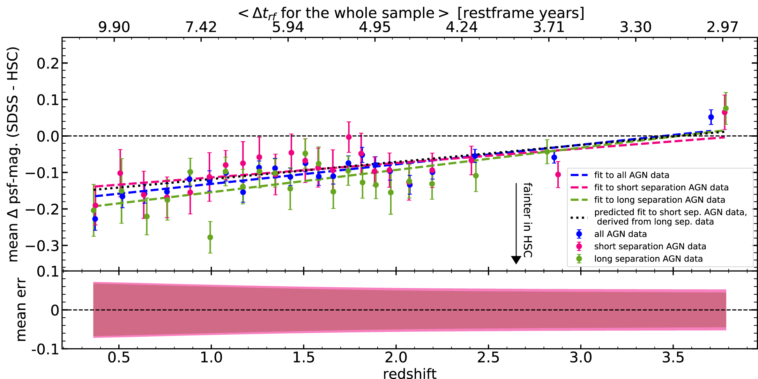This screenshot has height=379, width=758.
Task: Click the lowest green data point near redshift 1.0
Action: [210, 237]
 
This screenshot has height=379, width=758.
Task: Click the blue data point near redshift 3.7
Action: [711, 117]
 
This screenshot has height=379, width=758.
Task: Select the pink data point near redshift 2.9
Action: [558, 175]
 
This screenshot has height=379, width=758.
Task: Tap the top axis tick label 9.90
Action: [114, 27]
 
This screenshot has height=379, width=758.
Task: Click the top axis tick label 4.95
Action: [375, 27]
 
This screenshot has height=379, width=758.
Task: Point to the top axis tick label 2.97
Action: [722, 27]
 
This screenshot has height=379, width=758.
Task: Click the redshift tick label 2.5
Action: [488, 357]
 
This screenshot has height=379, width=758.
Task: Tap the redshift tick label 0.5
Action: [119, 357]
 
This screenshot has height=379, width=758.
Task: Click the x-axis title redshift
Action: [410, 373]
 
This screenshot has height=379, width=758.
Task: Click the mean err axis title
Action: [21, 310]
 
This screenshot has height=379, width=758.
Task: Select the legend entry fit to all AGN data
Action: [631, 175]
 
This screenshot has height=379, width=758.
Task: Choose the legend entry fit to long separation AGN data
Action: [659, 200]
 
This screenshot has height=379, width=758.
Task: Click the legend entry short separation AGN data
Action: [650, 247]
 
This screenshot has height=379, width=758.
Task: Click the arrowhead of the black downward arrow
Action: [516, 260]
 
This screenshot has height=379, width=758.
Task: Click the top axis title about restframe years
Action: [411, 13]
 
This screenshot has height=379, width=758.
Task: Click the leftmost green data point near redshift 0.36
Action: [94, 210]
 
